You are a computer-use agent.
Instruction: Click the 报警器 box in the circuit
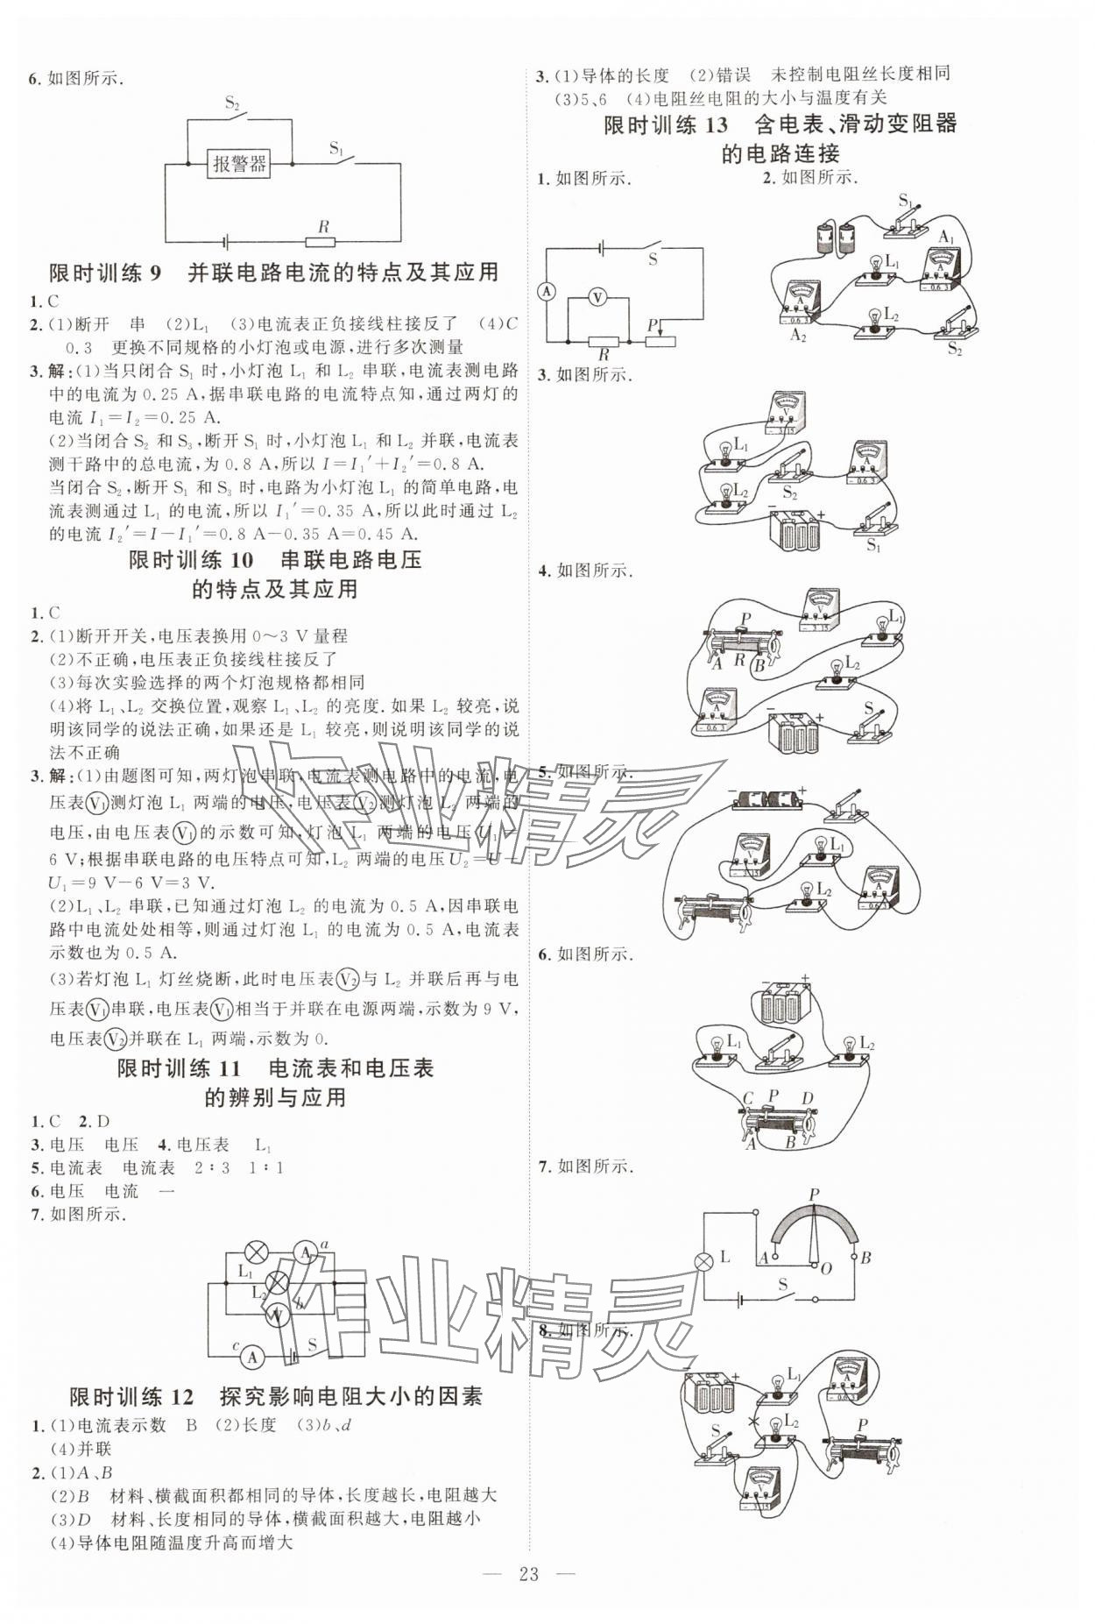tap(239, 163)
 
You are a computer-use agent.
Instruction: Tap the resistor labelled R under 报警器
tap(321, 241)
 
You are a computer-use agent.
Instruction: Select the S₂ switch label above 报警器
tap(232, 103)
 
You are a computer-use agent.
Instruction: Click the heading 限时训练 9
tap(273, 273)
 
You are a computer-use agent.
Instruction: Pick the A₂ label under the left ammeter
tap(797, 335)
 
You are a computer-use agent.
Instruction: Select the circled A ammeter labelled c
tap(252, 1357)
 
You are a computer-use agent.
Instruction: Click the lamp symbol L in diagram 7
tap(703, 1260)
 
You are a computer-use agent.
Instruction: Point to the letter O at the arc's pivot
tap(825, 1267)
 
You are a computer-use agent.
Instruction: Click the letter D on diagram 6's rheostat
tap(807, 1098)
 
